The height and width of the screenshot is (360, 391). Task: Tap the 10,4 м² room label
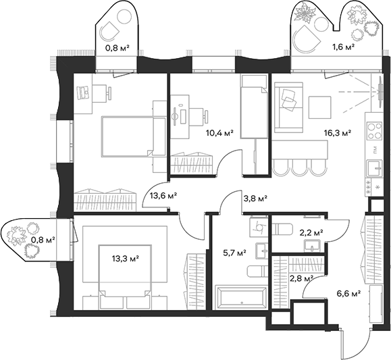pyautogui.click(x=219, y=134)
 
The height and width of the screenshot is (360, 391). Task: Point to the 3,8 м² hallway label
pyautogui.click(x=255, y=198)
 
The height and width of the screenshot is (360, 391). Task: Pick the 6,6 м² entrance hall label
pyautogui.click(x=347, y=294)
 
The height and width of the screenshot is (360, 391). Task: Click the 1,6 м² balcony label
pyautogui.click(x=344, y=48)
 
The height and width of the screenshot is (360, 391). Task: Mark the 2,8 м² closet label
pyautogui.click(x=301, y=278)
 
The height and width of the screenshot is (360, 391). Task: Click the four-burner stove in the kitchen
pyautogui.click(x=372, y=127)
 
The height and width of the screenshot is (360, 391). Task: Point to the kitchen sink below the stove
pyautogui.click(x=372, y=168)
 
